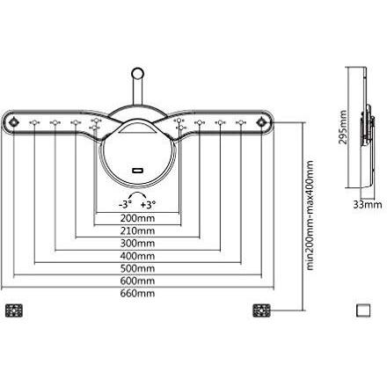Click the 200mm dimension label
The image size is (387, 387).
pyautogui.click(x=137, y=218)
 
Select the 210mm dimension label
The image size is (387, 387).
pyautogui.click(x=137, y=231)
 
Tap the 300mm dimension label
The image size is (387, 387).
pyautogui.click(x=137, y=244)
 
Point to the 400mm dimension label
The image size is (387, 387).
pyautogui.click(x=137, y=256)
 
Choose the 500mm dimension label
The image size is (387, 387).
pyautogui.click(x=137, y=268)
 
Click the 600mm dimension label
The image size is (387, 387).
pyautogui.click(x=137, y=281)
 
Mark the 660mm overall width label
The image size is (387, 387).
pyautogui.click(x=137, y=293)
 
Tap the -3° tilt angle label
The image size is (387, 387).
pyautogui.click(x=125, y=204)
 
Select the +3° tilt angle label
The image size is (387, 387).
pyautogui.click(x=148, y=204)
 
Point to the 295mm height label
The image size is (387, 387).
pyautogui.click(x=342, y=128)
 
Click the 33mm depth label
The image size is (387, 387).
pyautogui.click(x=368, y=204)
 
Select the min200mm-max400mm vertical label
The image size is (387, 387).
pyautogui.click(x=310, y=215)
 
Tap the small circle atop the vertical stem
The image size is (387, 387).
pyautogui.click(x=137, y=72)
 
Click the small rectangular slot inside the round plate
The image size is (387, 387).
pyautogui.click(x=137, y=171)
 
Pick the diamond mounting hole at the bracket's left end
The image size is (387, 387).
pyautogui.click(x=13, y=121)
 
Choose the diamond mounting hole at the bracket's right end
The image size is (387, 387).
pyautogui.click(x=261, y=122)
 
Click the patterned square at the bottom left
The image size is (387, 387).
pyautogui.click(x=14, y=310)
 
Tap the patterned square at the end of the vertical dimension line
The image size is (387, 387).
pyautogui.click(x=261, y=310)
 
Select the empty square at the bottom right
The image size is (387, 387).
pyautogui.click(x=363, y=310)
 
